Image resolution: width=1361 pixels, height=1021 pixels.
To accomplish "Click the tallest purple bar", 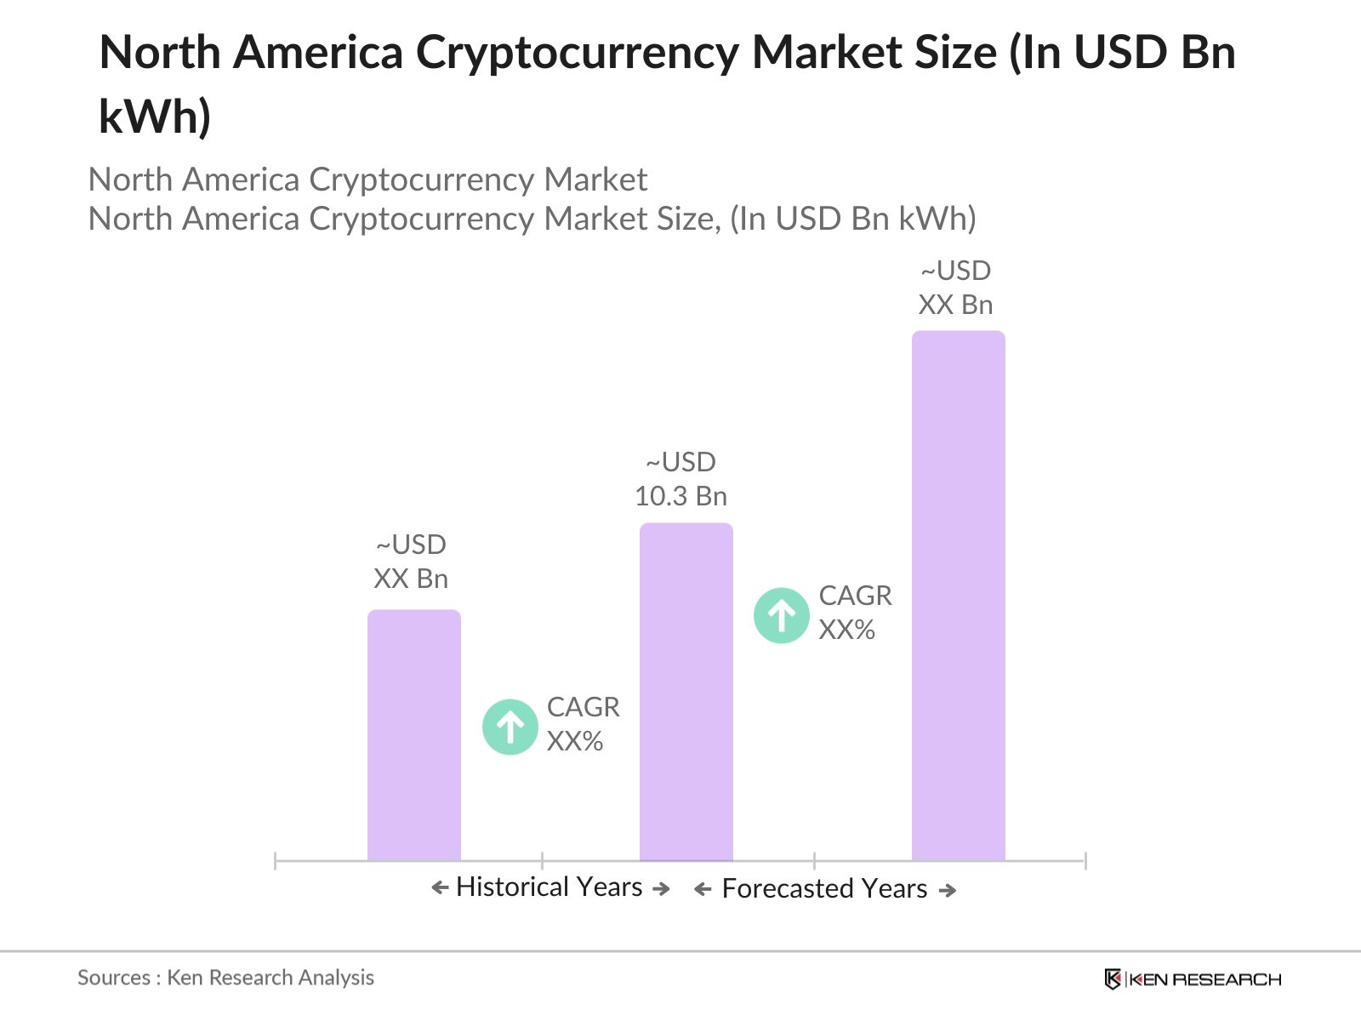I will point(958,596).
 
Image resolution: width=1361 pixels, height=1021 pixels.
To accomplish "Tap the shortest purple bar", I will point(413,735).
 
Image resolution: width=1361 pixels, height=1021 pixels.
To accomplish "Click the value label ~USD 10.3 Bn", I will point(680,479).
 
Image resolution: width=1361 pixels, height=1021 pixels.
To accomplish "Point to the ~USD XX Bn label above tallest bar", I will point(955,288).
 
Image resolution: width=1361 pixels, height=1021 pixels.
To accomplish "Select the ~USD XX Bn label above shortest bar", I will point(411,562).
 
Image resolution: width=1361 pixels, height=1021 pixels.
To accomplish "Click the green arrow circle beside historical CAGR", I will point(510,727).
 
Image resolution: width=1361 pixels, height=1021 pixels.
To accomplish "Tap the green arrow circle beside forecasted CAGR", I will point(781,615).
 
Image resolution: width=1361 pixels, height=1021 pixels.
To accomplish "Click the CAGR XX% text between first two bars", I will point(583,724).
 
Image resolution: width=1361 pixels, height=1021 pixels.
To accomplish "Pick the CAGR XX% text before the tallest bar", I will point(854,613).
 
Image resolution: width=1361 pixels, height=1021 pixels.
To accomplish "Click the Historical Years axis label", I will point(549,887).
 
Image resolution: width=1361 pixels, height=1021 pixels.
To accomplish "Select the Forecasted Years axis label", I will point(823,889).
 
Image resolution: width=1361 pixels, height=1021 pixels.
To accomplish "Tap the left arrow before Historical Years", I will point(440,888).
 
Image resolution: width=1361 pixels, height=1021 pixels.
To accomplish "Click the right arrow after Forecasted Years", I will point(948,891).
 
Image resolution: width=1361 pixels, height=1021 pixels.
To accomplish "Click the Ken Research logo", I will point(1193,979).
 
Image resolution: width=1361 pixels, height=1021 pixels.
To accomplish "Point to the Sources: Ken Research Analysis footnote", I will point(225,978).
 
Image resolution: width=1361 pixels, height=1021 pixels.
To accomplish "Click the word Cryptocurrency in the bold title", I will point(576,53).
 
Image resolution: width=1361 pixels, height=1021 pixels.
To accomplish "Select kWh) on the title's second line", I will point(155,117).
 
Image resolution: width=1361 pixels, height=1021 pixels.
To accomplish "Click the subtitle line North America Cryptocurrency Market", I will point(367,180).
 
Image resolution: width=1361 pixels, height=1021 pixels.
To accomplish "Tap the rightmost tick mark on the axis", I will point(1085,861).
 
